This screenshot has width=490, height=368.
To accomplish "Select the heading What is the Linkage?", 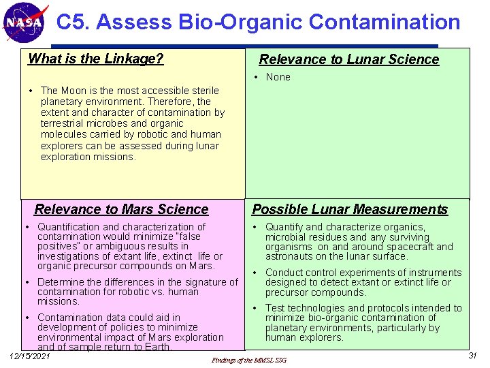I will [95, 59].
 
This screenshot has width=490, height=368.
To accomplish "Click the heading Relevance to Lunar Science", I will [348, 59].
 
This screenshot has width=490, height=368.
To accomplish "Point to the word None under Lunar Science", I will [278, 77].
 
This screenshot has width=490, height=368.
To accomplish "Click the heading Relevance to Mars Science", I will [121, 209].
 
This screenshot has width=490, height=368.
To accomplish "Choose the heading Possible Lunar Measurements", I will [350, 209].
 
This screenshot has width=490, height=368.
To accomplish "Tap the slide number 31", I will [472, 356].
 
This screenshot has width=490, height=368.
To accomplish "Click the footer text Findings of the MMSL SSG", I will [249, 360].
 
